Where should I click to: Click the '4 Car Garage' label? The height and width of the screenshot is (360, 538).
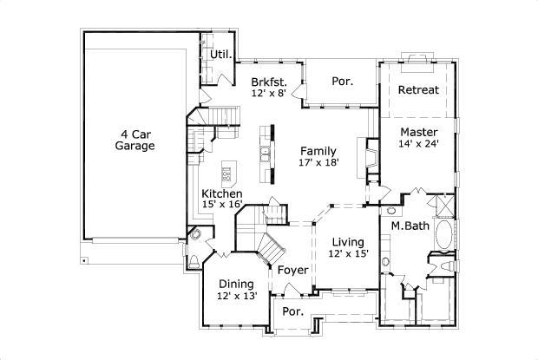[x=134, y=140]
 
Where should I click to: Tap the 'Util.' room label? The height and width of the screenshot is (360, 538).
[x=220, y=55]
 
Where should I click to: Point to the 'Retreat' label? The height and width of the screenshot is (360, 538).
[x=418, y=90]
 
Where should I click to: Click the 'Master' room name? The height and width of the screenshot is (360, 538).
[x=417, y=132]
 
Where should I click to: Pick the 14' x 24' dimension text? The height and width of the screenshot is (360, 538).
[x=420, y=144]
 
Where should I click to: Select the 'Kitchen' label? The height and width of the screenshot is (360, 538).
[x=222, y=193]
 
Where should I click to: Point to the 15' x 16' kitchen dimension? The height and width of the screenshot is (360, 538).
[x=222, y=205]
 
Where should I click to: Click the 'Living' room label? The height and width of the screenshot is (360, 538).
[x=347, y=241]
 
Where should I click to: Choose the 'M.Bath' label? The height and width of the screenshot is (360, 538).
[x=406, y=226]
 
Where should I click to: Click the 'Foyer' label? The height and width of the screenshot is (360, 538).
[x=293, y=270]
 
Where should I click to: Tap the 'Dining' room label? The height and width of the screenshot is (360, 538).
[x=236, y=284]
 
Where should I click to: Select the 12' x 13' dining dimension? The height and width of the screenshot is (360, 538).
[x=237, y=296]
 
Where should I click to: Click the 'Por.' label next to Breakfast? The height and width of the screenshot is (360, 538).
[x=341, y=81]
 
